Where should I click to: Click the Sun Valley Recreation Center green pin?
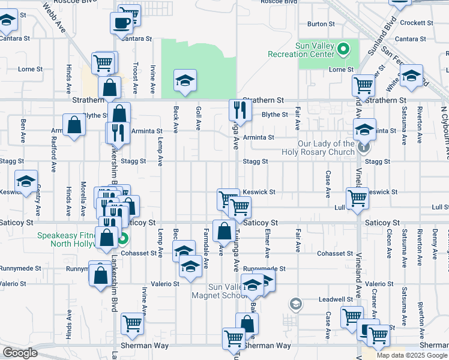[x=343, y=49]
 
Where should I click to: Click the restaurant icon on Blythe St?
[x=238, y=110]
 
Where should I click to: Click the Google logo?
[x=20, y=353]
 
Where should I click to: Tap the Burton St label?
[x=321, y=24]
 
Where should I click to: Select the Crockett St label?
[x=417, y=23]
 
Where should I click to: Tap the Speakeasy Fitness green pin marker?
[x=123, y=240]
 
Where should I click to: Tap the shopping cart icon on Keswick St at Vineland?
[x=357, y=199]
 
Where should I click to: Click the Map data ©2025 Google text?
[x=412, y=355]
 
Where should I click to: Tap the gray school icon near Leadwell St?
[x=295, y=304]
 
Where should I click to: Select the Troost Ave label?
[x=136, y=79]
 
